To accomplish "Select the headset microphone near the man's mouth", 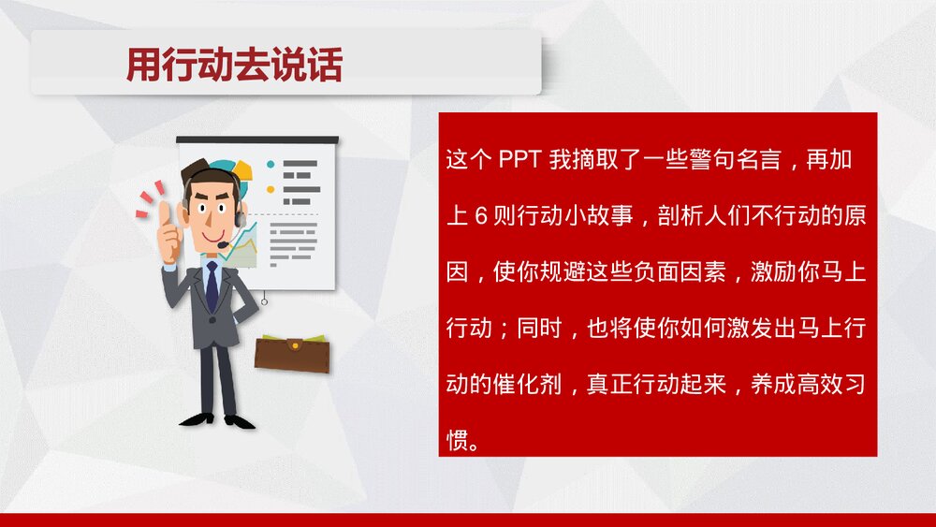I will [x=224, y=244].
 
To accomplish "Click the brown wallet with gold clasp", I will [x=292, y=353].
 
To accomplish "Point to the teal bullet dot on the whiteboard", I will [x=271, y=164].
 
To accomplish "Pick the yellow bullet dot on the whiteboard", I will [x=271, y=189].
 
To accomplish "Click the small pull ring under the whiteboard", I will [x=264, y=301].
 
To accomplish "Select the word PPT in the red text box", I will [x=519, y=160].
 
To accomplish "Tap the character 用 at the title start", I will [x=143, y=65].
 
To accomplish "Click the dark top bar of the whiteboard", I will [x=257, y=140].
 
